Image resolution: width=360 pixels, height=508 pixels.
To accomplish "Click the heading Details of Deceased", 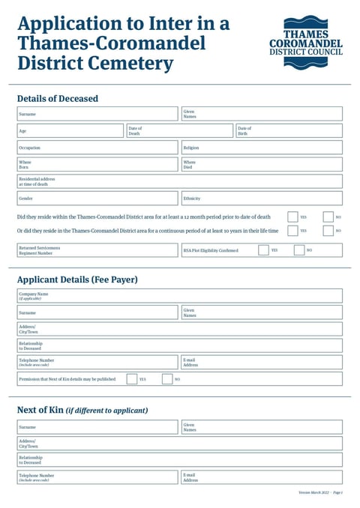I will (x=57, y=98).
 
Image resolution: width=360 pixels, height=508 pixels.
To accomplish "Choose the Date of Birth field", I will (x=296, y=131).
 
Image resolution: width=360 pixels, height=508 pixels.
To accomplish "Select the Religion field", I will (x=270, y=148).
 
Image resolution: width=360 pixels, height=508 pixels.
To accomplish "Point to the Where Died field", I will (x=270, y=164).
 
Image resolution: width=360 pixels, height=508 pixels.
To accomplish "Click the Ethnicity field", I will (x=270, y=199).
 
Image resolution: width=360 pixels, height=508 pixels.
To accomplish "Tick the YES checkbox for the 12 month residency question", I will (x=292, y=217).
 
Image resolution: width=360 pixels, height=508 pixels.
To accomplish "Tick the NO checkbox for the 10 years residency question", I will (x=328, y=231).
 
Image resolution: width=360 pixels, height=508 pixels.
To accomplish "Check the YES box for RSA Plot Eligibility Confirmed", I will (x=263, y=250).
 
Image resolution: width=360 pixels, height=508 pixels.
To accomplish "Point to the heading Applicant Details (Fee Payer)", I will (x=77, y=279).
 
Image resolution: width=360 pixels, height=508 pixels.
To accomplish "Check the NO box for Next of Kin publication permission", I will (x=167, y=379).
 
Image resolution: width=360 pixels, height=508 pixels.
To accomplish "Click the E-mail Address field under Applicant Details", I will (x=270, y=363).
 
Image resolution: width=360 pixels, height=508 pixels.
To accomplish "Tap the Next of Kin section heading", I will (x=82, y=410).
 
